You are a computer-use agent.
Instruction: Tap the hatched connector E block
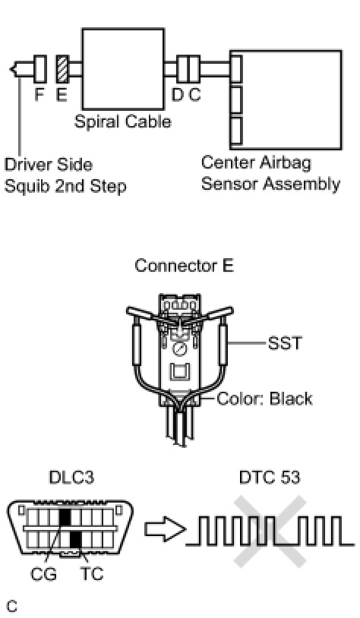click(63, 69)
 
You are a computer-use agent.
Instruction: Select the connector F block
click(40, 69)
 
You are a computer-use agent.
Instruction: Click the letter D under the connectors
click(178, 95)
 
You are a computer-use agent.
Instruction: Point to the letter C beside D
click(194, 95)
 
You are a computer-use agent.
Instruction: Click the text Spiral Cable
click(122, 121)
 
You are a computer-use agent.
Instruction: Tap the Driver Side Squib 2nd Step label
click(65, 175)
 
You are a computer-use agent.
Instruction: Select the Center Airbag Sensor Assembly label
click(270, 173)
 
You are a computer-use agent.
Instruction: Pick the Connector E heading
click(184, 265)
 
